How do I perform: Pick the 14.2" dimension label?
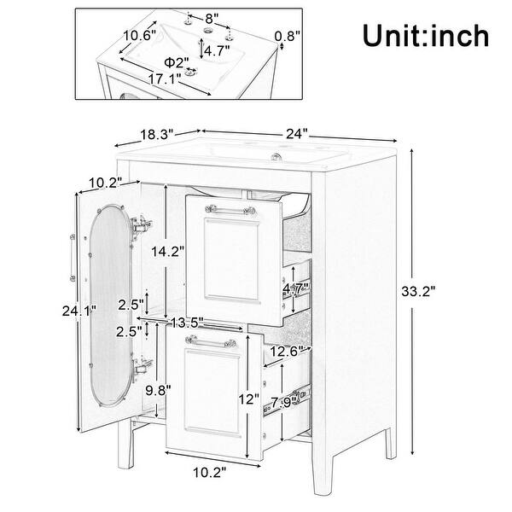coord(166,252)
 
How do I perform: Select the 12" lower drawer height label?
coord(248,399)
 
